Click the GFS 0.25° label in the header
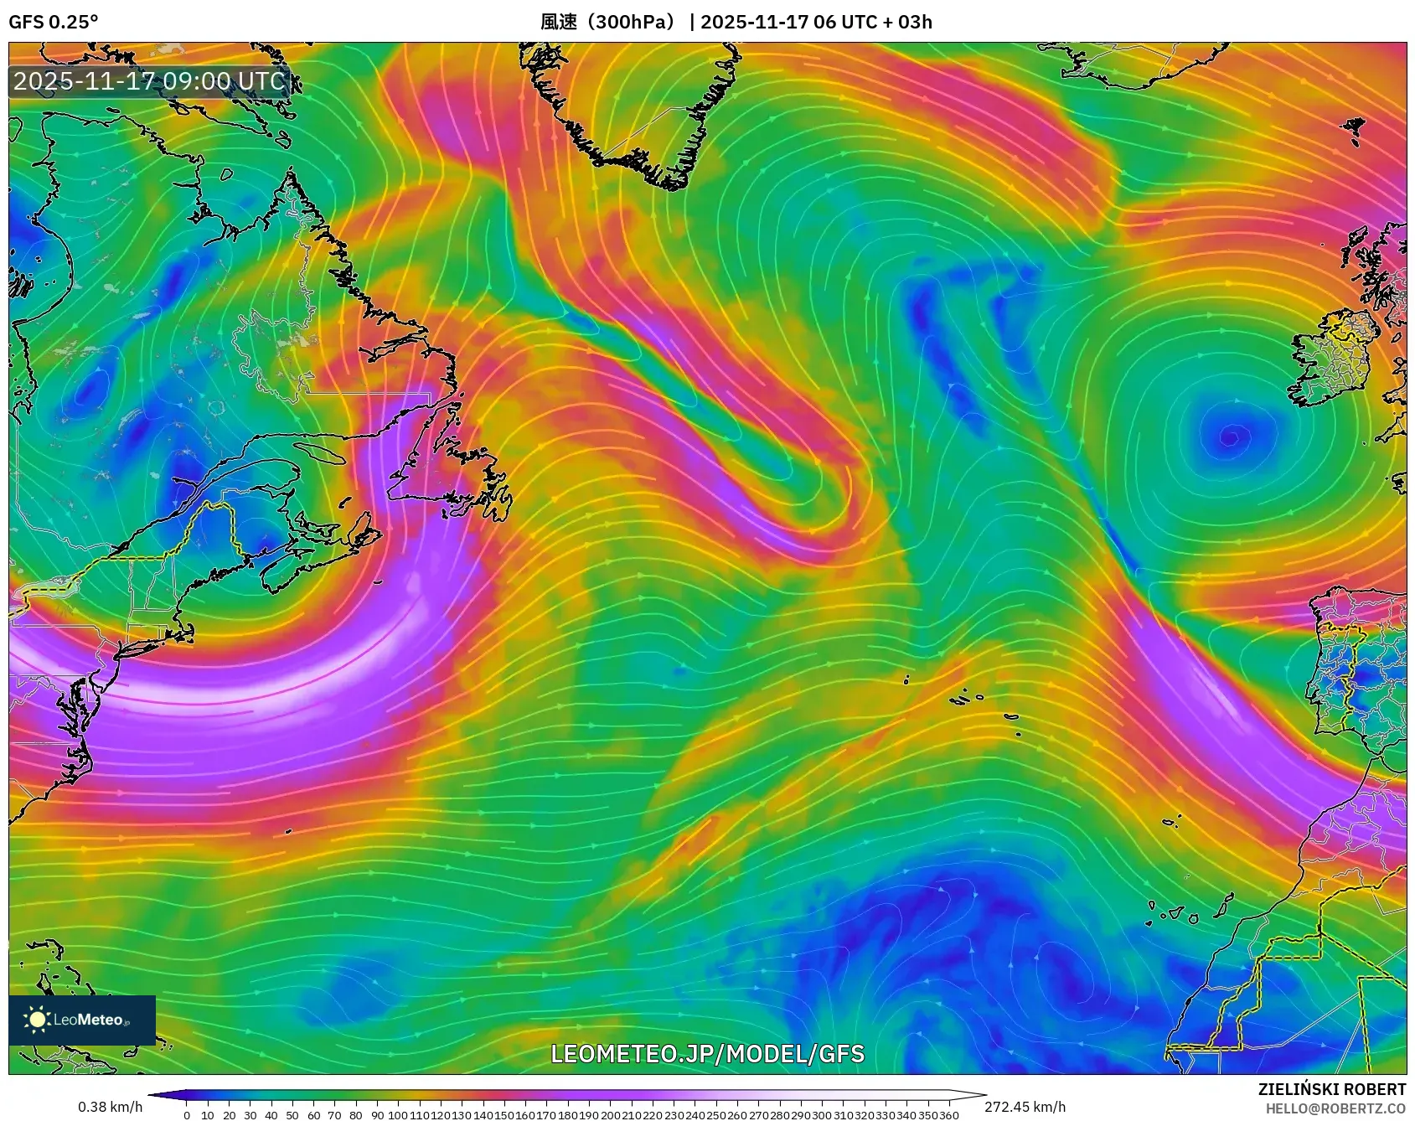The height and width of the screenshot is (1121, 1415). click(53, 22)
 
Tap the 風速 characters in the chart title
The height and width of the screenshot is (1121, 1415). click(559, 22)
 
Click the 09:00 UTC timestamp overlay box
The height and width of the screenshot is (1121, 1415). click(150, 81)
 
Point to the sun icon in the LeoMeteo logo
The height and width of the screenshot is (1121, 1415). click(37, 1020)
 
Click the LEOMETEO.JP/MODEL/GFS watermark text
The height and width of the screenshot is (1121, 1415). click(707, 1053)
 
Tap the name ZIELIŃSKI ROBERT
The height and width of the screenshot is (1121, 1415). click(1331, 1089)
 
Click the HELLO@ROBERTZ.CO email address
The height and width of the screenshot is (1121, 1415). click(1335, 1108)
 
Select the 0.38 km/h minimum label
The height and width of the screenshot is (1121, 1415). click(110, 1108)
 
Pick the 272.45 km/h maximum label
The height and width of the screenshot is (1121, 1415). click(1025, 1108)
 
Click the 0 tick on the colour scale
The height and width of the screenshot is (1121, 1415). click(186, 1115)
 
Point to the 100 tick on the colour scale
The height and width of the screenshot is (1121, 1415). click(397, 1115)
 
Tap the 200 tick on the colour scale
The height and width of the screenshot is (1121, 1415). click(609, 1115)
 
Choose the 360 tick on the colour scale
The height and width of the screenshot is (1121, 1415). click(949, 1115)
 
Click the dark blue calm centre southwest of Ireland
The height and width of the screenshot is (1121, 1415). click(1230, 437)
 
